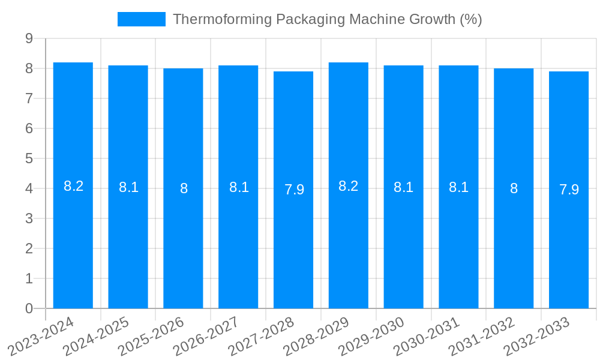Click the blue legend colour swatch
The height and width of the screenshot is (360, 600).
pos(141,19)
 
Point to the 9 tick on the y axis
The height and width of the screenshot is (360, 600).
pos(29,38)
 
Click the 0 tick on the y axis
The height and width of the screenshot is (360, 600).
pos(29,308)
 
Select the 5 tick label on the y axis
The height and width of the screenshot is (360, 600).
pos(29,158)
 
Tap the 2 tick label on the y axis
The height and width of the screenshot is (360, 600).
pos(29,248)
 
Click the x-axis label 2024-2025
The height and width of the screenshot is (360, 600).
pos(96,336)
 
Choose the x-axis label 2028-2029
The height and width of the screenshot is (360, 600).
pos(316,336)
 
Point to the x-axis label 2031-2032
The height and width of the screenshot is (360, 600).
pos(482,336)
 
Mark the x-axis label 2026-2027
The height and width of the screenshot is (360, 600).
pos(206,336)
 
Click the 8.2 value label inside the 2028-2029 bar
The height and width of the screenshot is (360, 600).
pos(349,186)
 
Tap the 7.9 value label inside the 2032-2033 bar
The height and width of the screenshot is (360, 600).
pos(569,190)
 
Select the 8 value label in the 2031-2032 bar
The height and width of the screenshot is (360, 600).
pos(514,188)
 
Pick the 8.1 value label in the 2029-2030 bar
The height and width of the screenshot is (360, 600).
pos(403,187)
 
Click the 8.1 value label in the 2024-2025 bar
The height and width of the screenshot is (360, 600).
pos(128,187)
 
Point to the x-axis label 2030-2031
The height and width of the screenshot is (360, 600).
pos(427,336)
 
